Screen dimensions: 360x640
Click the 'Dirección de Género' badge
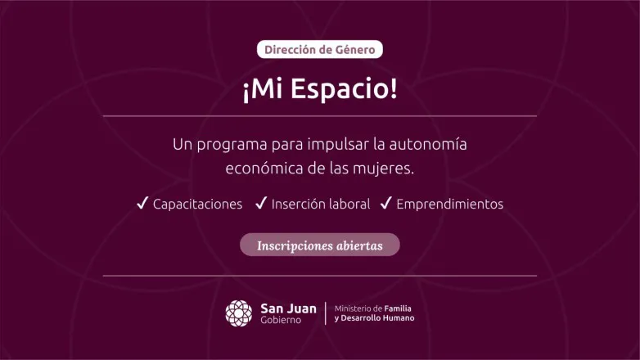(x=320, y=50)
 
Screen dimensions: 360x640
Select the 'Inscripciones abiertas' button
(x=320, y=245)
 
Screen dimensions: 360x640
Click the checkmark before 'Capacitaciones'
(x=142, y=203)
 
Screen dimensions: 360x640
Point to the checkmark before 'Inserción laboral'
(x=261, y=203)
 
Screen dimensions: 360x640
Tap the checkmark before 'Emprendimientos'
(x=386, y=203)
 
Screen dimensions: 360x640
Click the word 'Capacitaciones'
(x=198, y=204)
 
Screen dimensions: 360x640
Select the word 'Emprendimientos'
(x=449, y=204)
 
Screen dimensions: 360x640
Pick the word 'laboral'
(x=349, y=204)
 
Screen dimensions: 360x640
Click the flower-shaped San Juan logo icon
(x=239, y=313)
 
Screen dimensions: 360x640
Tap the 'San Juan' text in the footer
(x=288, y=308)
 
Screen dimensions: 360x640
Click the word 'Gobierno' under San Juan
(x=281, y=320)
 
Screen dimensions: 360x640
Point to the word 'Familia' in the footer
(x=396, y=308)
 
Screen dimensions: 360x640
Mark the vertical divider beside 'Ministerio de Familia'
(x=327, y=313)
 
